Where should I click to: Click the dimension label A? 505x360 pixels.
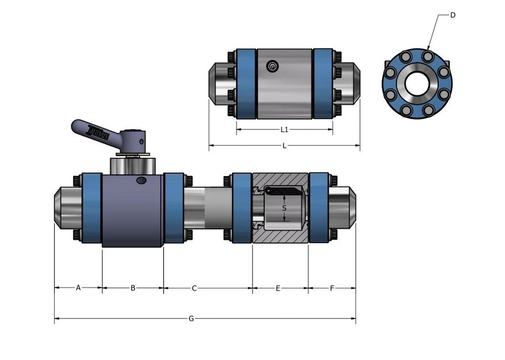(78, 287)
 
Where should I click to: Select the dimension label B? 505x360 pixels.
(133, 287)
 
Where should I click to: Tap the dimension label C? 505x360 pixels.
(194, 288)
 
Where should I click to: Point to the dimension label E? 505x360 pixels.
(278, 288)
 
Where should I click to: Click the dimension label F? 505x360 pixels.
(332, 288)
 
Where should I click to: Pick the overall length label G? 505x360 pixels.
(191, 318)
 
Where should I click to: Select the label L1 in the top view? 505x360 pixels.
(284, 129)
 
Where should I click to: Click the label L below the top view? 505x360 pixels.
(284, 146)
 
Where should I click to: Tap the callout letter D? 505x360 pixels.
(452, 15)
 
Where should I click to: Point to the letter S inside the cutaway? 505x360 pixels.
(284, 208)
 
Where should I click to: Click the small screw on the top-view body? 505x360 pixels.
(272, 67)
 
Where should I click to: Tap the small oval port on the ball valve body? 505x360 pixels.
(142, 180)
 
